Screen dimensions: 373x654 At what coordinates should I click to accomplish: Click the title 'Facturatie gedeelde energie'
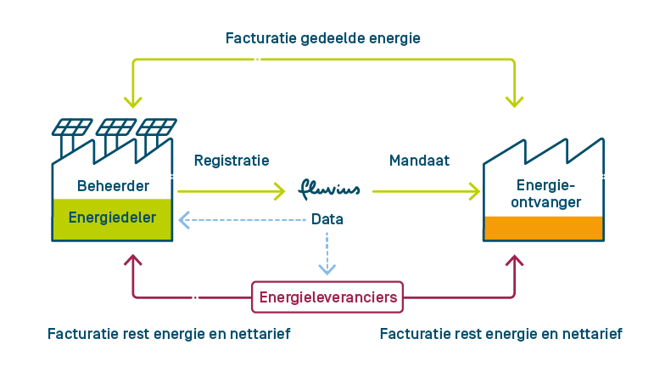click(x=323, y=38)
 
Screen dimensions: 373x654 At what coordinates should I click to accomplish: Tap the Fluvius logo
click(x=329, y=189)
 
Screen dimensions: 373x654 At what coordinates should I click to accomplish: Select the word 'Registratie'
click(x=232, y=160)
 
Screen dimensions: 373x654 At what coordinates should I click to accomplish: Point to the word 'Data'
click(x=327, y=219)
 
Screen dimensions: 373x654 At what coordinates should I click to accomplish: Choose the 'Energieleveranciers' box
click(x=328, y=297)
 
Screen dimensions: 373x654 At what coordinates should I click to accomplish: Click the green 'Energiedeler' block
click(x=112, y=218)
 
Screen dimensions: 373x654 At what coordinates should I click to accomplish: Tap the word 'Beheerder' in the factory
click(x=113, y=185)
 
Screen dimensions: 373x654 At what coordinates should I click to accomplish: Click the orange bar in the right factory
click(x=543, y=228)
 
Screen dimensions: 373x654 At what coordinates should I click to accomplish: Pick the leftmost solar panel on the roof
click(x=72, y=127)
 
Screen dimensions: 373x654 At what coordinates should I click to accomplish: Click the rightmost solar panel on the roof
click(x=157, y=127)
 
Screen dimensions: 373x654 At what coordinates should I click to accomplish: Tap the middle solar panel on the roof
click(x=115, y=127)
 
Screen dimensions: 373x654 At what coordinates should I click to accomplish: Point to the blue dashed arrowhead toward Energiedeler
click(x=184, y=220)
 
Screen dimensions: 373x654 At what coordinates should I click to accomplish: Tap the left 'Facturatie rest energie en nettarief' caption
click(x=169, y=334)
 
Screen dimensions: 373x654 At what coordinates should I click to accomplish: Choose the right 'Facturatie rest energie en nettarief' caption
click(x=500, y=334)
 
